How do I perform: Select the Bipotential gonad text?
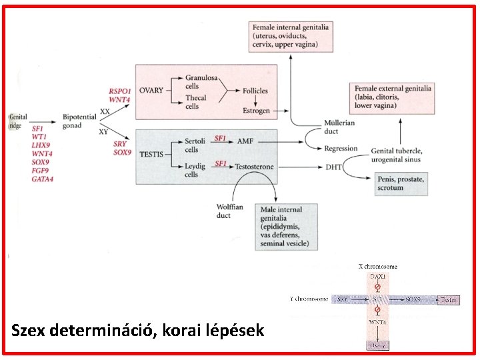[x=79, y=121]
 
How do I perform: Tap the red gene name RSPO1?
[x=120, y=91]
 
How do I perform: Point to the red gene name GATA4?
[x=42, y=179]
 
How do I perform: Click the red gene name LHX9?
[x=41, y=145]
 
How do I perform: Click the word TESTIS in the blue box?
[x=152, y=155]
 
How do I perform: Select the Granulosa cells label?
[x=201, y=82]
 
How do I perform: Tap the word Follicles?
[x=255, y=91]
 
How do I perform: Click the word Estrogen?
[x=256, y=111]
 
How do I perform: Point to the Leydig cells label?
[x=195, y=170]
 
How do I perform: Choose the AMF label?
[x=245, y=142]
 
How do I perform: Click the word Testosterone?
[x=255, y=166]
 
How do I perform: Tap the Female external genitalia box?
[x=393, y=97]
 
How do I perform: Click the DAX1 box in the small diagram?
[x=379, y=275]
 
